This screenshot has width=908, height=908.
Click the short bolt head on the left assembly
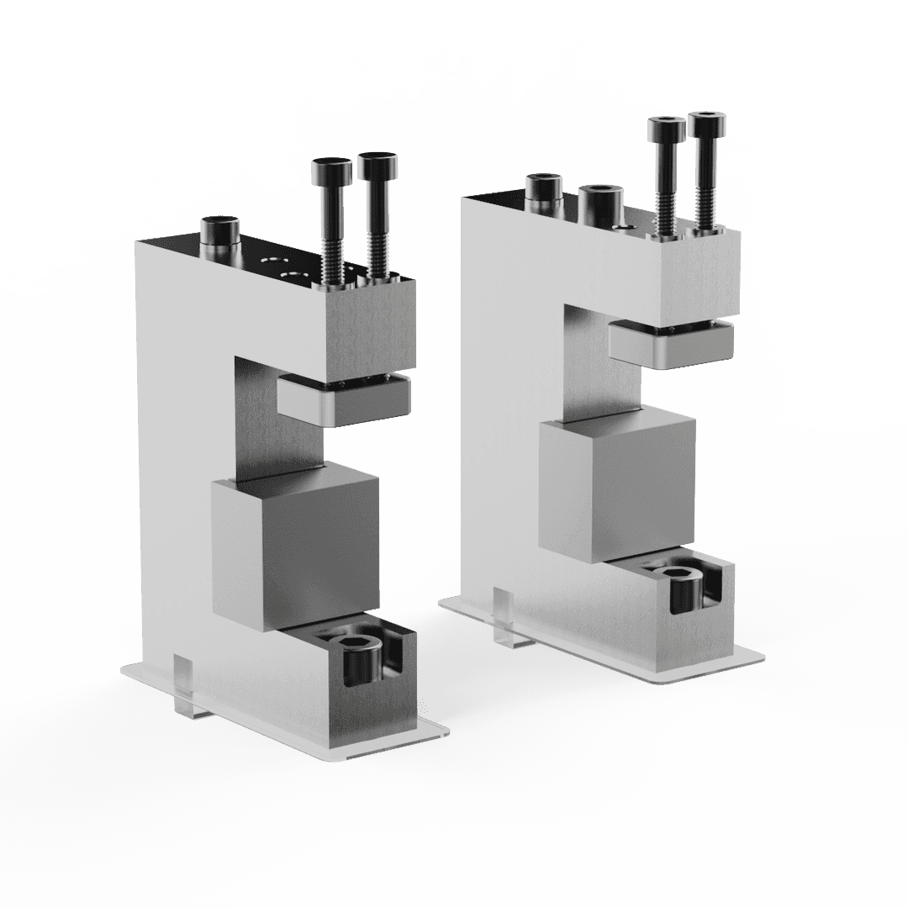(220, 229)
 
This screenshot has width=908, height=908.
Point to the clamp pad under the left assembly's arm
(343, 399)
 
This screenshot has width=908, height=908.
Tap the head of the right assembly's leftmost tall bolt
(665, 130)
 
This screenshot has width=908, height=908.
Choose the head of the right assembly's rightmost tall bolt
(708, 124)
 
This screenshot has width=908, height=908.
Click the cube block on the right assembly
(618, 488)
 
